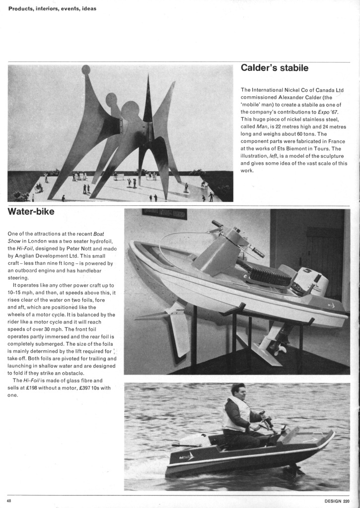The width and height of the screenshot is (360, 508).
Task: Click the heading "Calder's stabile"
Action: (274, 67)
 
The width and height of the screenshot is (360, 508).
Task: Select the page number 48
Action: (9, 500)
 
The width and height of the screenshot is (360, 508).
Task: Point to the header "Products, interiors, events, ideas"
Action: (52, 8)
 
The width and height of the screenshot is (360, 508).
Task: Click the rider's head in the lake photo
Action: (238, 390)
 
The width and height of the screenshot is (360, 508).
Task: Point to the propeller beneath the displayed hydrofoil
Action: (282, 349)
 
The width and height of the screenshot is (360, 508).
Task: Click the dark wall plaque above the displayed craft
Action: (164, 214)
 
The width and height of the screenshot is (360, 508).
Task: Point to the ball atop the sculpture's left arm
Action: (86, 69)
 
